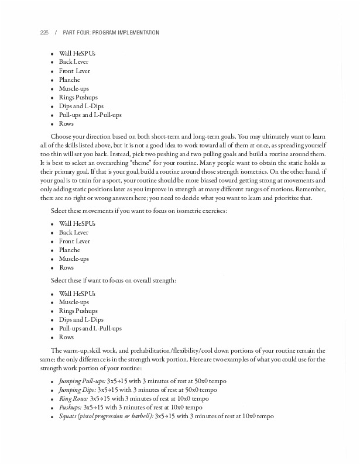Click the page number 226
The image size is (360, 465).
pos(44,33)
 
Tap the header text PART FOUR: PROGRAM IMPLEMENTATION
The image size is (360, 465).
pos(111,33)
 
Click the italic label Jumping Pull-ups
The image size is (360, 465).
pos(82,381)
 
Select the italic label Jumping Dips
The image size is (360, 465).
pos(77,390)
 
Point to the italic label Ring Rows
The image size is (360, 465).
pos(73,398)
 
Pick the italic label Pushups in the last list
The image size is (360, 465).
pos(70,407)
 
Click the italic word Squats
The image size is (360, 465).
pos(68,416)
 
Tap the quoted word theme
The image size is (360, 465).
pos(140,163)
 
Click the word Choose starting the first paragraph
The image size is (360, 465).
pos(61,136)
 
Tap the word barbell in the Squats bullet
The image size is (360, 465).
pos(140,416)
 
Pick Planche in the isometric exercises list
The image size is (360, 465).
pos(69,250)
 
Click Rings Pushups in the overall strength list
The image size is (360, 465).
pos(78,311)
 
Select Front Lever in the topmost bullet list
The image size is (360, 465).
pos(74,71)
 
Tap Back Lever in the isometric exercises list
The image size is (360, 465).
pos(74,232)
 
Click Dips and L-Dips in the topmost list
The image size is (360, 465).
pos(81,106)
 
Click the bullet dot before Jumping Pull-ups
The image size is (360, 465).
pos(52,382)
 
